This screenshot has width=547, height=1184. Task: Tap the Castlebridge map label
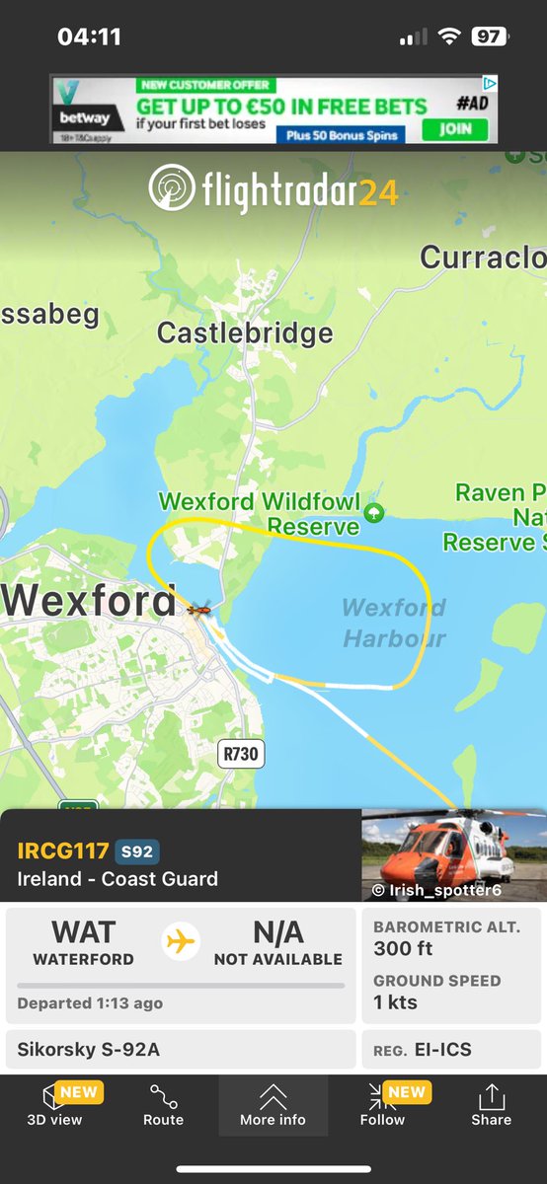pyautogui.click(x=245, y=333)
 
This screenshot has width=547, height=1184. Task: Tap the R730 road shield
pyautogui.click(x=241, y=755)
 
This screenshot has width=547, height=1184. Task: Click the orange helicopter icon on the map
pyautogui.click(x=198, y=610)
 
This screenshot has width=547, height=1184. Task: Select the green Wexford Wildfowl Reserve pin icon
pyautogui.click(x=373, y=512)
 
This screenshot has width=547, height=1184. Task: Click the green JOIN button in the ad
pyautogui.click(x=455, y=129)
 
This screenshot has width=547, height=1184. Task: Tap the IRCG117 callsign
pyautogui.click(x=63, y=851)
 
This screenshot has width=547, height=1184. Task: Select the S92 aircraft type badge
pyautogui.click(x=137, y=851)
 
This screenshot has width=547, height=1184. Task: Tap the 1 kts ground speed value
pyautogui.click(x=395, y=1002)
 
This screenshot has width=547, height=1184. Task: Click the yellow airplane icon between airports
pyautogui.click(x=181, y=941)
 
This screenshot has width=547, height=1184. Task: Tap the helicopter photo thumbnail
pyautogui.click(x=454, y=855)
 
